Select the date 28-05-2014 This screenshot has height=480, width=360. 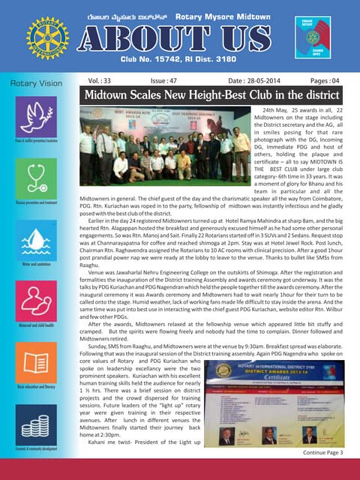(247, 79)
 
